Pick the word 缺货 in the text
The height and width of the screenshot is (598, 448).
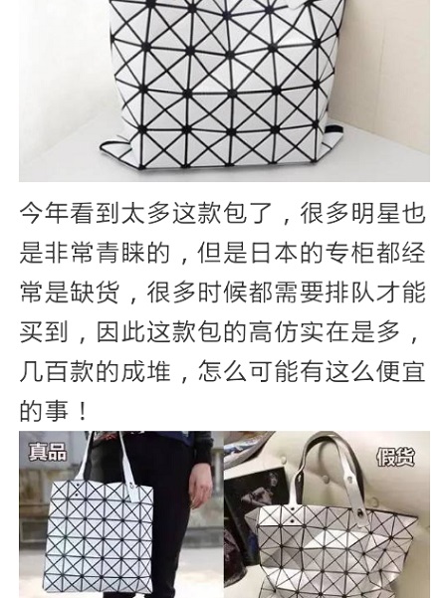96,292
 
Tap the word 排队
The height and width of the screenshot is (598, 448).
350,292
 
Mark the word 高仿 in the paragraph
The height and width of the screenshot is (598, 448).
275,331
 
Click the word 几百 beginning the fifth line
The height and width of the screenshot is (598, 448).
45,371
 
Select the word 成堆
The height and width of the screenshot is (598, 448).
147,371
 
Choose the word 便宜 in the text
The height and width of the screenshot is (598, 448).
401,371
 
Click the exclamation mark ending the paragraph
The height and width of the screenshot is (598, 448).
83,411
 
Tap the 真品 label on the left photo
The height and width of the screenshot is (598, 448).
48,452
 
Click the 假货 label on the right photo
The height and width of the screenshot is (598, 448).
395,457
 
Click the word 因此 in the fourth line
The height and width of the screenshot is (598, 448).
121,331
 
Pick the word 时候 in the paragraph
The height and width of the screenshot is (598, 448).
223,292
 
